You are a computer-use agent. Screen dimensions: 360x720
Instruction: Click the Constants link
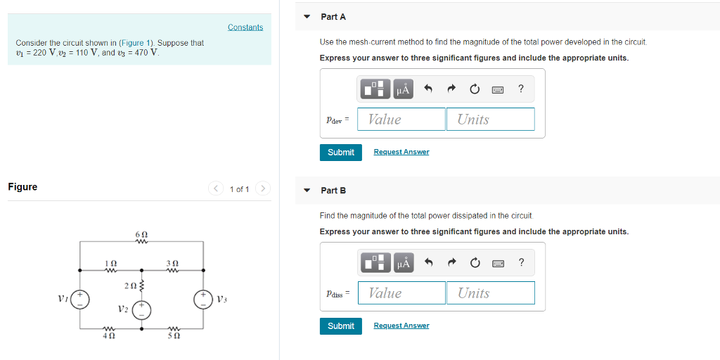click(x=245, y=27)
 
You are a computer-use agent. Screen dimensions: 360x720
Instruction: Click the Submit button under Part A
click(x=341, y=153)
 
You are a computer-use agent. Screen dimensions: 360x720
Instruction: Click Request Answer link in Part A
click(x=401, y=152)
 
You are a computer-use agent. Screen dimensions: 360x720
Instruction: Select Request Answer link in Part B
click(x=401, y=326)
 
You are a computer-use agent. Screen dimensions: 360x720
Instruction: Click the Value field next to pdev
click(x=401, y=120)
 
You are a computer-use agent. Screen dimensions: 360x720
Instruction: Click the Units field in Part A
click(x=490, y=120)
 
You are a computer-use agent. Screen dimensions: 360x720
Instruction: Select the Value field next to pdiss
click(x=401, y=293)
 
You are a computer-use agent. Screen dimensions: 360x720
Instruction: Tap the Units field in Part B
click(x=490, y=293)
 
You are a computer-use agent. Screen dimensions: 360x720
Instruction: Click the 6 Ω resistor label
click(x=141, y=233)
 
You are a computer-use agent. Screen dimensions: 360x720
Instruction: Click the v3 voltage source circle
click(x=203, y=299)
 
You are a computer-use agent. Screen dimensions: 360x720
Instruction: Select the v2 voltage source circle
click(x=142, y=310)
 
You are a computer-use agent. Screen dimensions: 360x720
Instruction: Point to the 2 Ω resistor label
click(x=129, y=285)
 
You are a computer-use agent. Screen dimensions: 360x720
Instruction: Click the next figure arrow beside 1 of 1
click(x=262, y=188)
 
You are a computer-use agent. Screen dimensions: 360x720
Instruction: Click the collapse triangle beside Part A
click(x=307, y=16)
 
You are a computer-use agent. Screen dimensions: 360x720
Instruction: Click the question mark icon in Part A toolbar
click(x=520, y=89)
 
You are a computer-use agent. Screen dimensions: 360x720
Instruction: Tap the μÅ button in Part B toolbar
click(x=403, y=263)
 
